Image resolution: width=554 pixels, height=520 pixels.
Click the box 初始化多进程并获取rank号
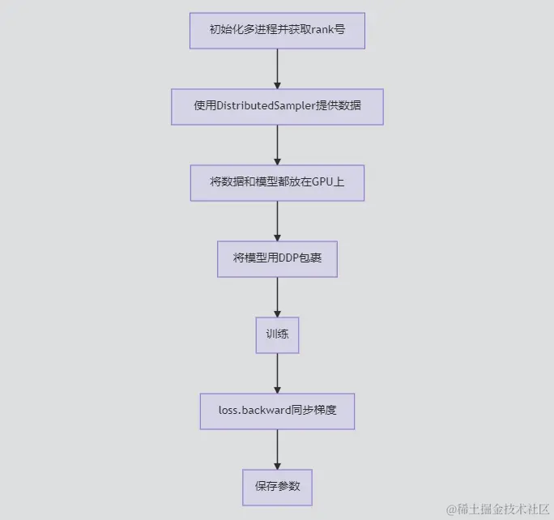coord(277,32)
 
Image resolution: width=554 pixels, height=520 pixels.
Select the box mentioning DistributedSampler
coord(277,106)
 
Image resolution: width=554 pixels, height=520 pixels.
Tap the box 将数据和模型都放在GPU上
coord(277,182)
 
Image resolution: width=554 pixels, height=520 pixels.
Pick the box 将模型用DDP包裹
coord(277,258)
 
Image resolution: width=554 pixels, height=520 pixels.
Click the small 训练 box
coord(277,335)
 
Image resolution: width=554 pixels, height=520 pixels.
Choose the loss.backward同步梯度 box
coord(277,411)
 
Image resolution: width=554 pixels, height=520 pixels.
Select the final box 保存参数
coord(277,487)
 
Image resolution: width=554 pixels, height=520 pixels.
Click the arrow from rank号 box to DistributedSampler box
coord(277,69)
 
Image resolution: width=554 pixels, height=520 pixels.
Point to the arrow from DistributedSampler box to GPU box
coord(277,144)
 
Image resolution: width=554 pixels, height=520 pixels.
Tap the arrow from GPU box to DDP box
coord(277,220)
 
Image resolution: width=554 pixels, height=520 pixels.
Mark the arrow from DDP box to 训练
coord(277,296)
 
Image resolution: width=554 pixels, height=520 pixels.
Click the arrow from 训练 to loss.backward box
coord(277,373)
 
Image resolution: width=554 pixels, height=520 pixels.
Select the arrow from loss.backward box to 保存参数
coord(277,449)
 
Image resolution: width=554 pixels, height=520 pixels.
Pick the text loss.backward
coord(254,411)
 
